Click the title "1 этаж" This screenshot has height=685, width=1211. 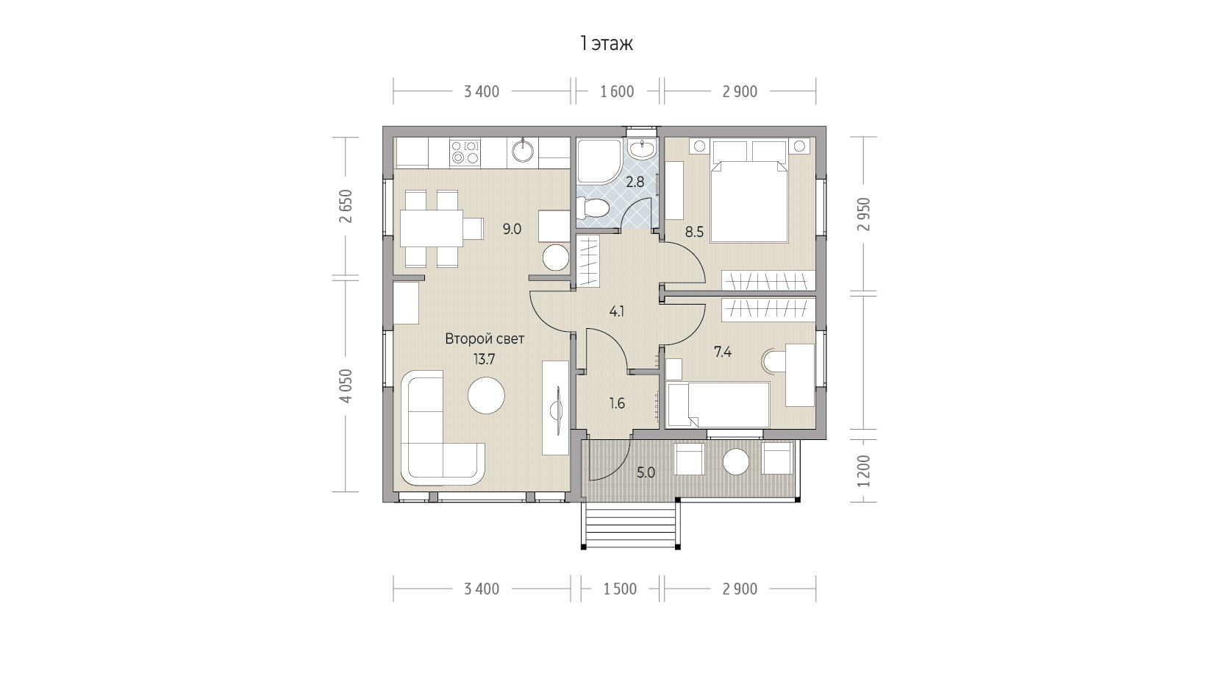tap(606, 43)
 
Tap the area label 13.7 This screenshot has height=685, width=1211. tap(485, 359)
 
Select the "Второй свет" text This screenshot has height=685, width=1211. tap(485, 339)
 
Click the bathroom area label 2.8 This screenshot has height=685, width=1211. tap(635, 182)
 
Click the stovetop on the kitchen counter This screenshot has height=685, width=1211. tap(465, 152)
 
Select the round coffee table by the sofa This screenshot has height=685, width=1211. tap(486, 396)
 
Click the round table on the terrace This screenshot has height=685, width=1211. tap(736, 462)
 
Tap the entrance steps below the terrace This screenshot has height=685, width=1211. tap(630, 525)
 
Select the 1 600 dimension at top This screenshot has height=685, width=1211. tap(617, 92)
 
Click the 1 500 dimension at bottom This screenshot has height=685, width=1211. tap(620, 589)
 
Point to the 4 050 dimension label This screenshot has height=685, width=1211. tap(346, 386)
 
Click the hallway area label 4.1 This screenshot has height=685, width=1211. tap(617, 312)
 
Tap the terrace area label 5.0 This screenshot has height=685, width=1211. tap(646, 473)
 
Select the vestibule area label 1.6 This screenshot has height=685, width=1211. tap(617, 404)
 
